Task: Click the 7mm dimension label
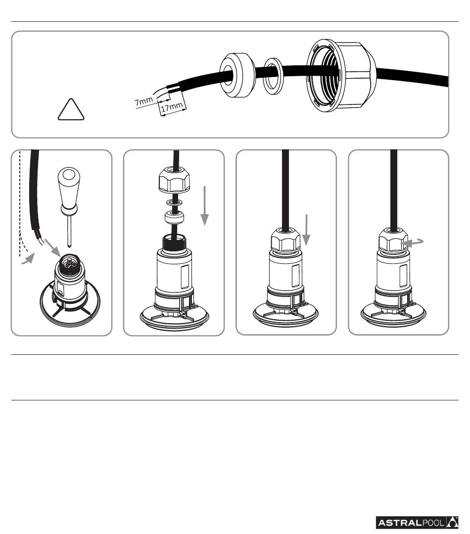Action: [143, 101]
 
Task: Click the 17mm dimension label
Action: [172, 107]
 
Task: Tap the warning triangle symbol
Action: [71, 109]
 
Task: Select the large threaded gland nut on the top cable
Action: [341, 75]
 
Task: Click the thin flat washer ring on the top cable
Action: [274, 76]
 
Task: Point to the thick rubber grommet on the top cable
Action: [237, 75]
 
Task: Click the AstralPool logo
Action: [417, 523]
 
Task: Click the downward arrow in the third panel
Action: [307, 230]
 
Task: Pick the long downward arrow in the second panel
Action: [204, 206]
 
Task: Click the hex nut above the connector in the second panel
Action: [174, 180]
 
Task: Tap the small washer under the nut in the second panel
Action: [174, 202]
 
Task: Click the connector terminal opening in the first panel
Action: [69, 263]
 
